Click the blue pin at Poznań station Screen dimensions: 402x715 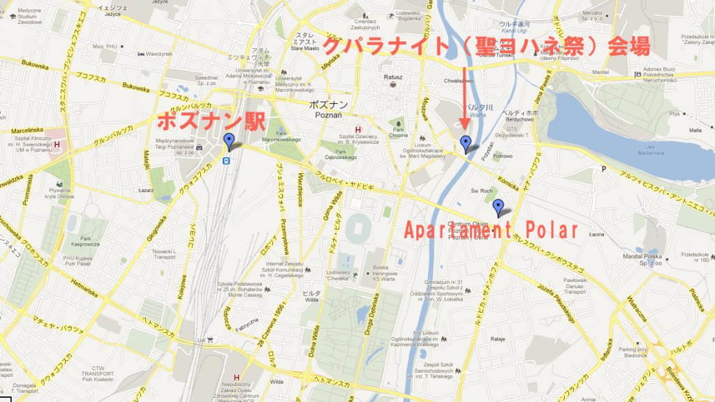coord(229,142)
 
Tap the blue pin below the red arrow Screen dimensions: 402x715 coord(466,144)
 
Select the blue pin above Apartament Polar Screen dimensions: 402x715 coord(498,207)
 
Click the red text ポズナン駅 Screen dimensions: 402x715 coord(210,119)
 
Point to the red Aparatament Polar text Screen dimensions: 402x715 coord(492,231)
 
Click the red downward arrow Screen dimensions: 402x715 coord(466,98)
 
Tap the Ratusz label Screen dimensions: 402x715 coord(392,77)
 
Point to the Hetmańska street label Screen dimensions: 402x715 coord(87,286)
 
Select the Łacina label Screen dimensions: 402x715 coord(596,234)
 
